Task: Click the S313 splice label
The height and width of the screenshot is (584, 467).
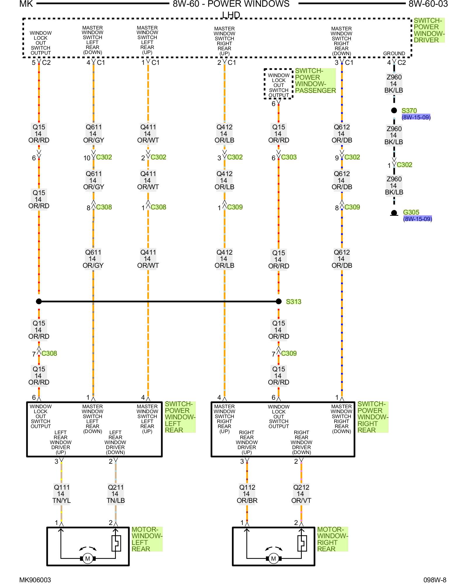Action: (293, 302)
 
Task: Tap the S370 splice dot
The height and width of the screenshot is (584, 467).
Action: (394, 110)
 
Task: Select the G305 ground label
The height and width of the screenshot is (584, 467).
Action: (411, 212)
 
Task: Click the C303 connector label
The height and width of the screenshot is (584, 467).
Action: (289, 157)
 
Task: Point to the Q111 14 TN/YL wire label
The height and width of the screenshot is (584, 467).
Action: (62, 494)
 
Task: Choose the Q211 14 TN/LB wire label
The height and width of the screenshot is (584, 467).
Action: (116, 494)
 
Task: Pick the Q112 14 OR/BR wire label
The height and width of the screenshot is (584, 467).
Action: (247, 494)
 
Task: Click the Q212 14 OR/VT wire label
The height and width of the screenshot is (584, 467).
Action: (301, 494)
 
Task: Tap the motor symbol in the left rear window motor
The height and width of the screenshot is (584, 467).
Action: (88, 559)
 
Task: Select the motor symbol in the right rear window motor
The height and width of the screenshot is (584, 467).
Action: (273, 559)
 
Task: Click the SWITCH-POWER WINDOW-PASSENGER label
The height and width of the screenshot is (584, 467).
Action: (315, 81)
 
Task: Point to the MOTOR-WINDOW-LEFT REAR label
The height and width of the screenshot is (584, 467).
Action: (147, 539)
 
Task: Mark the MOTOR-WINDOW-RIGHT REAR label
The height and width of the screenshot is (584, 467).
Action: (332, 539)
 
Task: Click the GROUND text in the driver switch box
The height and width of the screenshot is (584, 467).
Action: (394, 53)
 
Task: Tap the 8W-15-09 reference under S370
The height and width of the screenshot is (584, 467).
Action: (416, 117)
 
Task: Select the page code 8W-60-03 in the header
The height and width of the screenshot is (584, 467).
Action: (428, 4)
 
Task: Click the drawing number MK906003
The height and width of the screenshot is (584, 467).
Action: (35, 580)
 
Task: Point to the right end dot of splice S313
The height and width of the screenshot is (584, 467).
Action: (279, 301)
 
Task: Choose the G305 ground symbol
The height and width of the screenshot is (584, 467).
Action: (394, 213)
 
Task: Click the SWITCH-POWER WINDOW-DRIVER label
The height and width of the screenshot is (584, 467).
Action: (429, 30)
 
